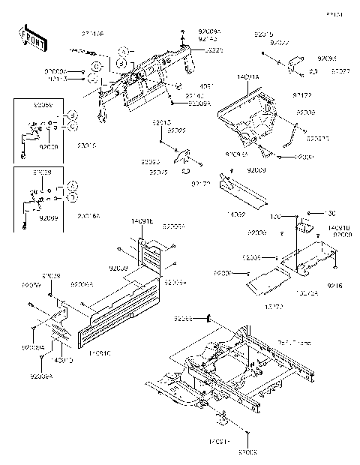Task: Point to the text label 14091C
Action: point(100,351)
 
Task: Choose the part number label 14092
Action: point(237,214)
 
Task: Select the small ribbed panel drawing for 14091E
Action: point(154,256)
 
